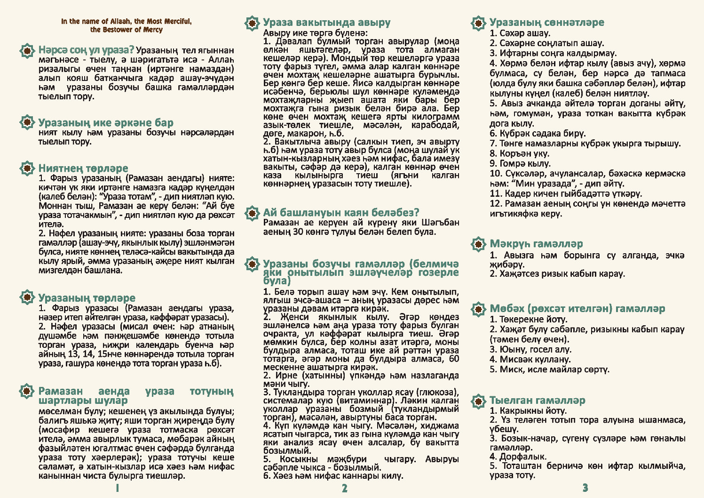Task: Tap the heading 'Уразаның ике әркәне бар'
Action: point(106,123)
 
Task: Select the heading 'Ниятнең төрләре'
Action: point(83,168)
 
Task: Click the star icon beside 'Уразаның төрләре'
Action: point(27,297)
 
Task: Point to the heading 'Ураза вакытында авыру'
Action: point(327,23)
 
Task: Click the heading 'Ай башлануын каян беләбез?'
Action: point(341,212)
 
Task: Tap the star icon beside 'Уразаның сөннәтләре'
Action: point(478,23)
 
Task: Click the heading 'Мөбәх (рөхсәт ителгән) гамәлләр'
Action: point(577,309)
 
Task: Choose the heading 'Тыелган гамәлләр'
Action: point(538,401)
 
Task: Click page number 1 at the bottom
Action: point(118,488)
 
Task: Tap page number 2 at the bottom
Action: point(345,488)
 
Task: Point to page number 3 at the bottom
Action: point(585,488)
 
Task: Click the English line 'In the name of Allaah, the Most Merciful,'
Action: point(126,21)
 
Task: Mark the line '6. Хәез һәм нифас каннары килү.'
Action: point(333,476)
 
